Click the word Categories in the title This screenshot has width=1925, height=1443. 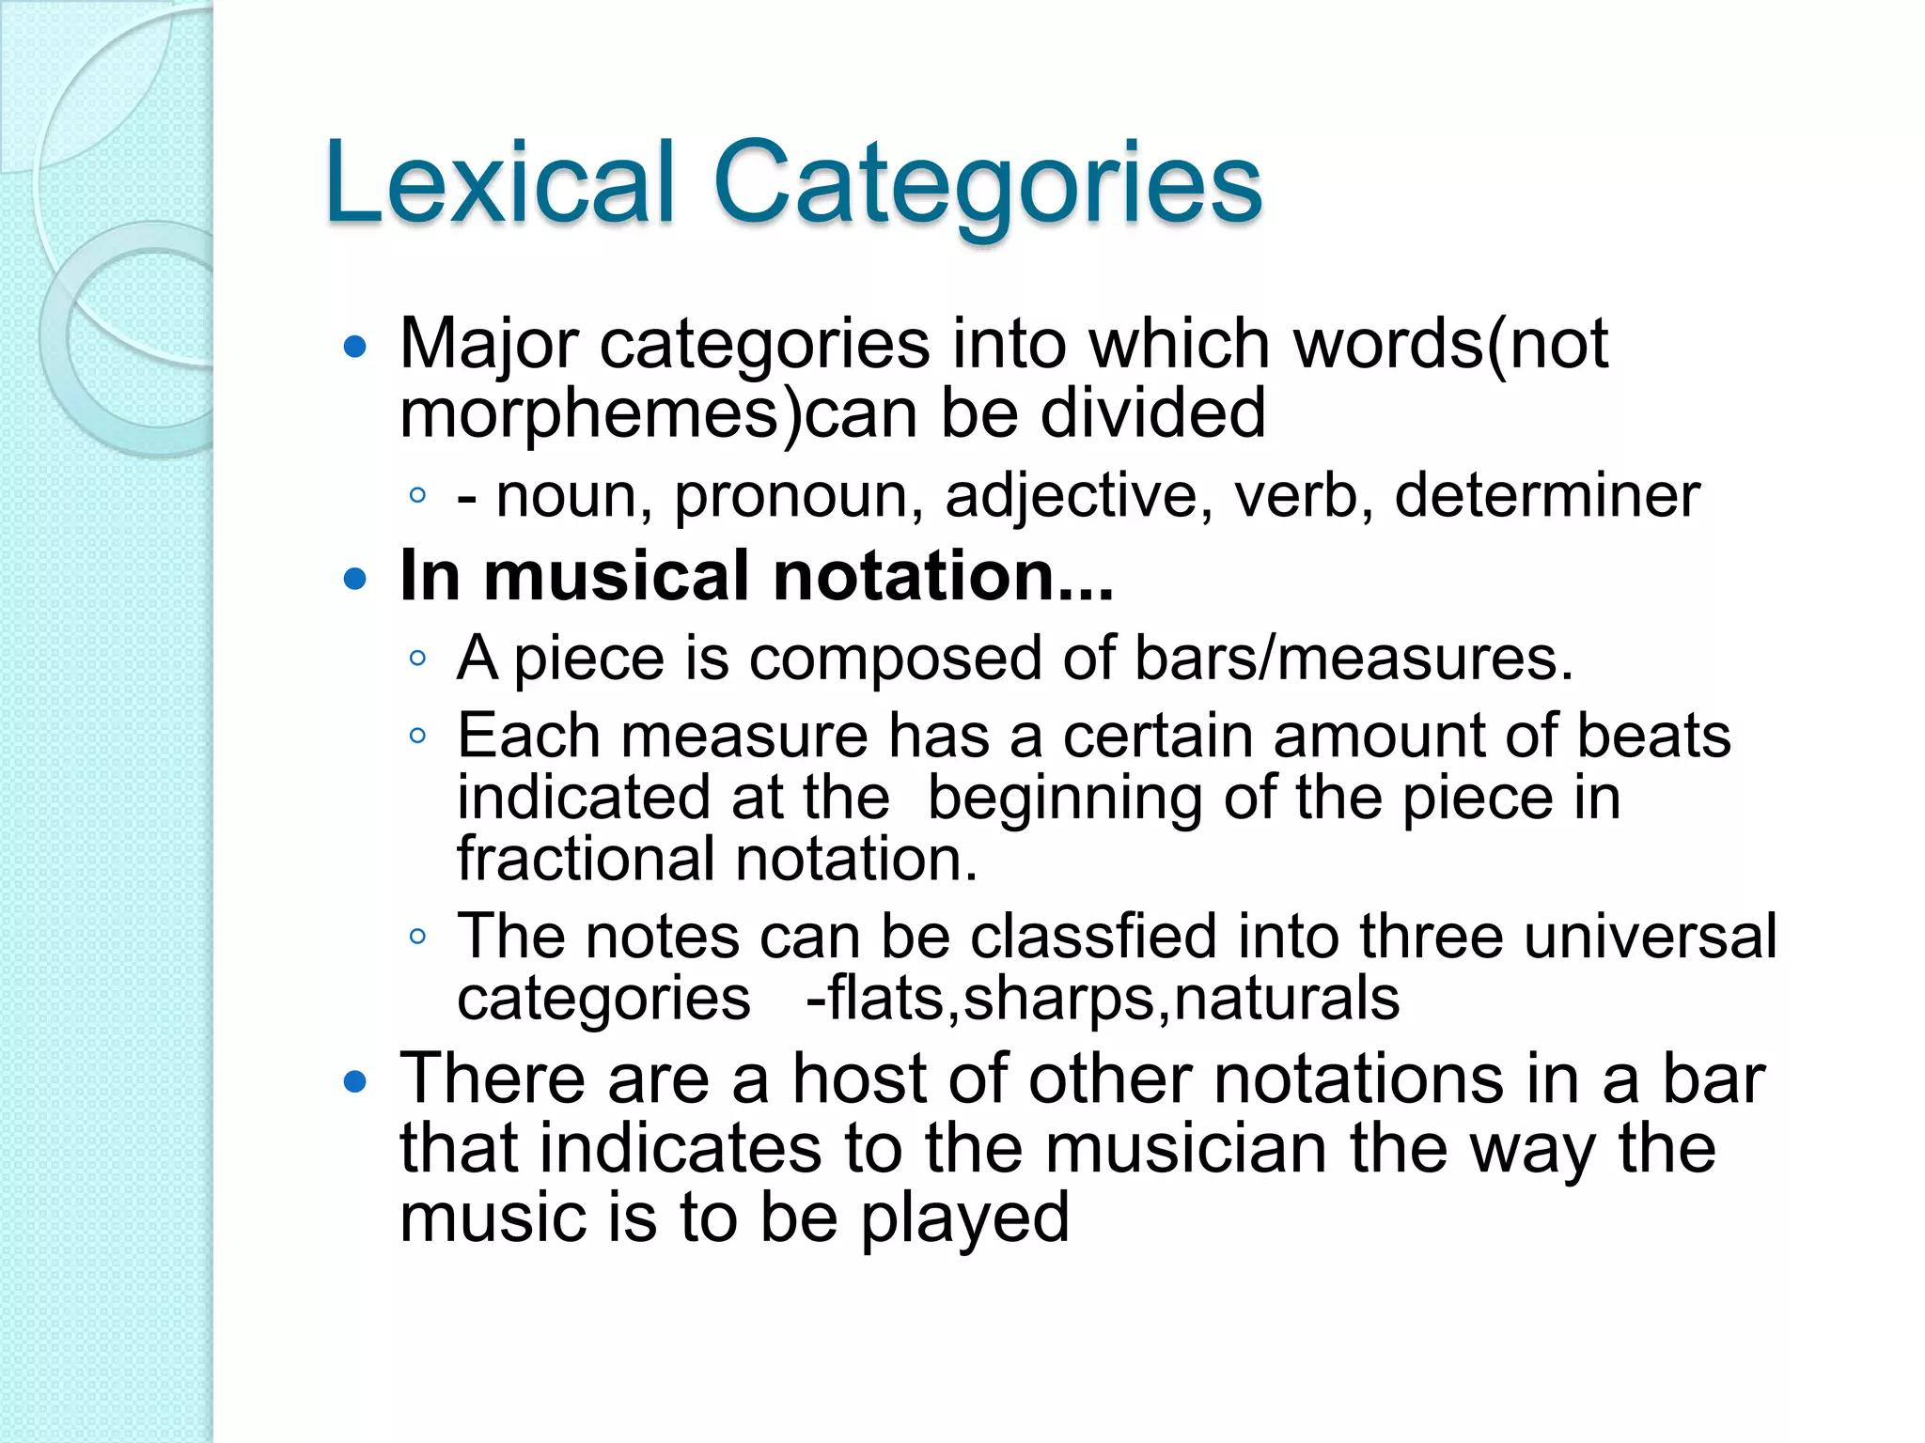pos(987,184)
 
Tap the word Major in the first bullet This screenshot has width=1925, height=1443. pos(488,344)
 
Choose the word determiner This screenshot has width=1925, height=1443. pos(1547,495)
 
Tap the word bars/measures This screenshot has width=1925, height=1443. pos(1354,658)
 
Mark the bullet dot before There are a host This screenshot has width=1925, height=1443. pos(354,1082)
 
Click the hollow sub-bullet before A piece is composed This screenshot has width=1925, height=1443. pos(418,658)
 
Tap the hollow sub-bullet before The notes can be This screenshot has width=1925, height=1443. pos(418,936)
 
